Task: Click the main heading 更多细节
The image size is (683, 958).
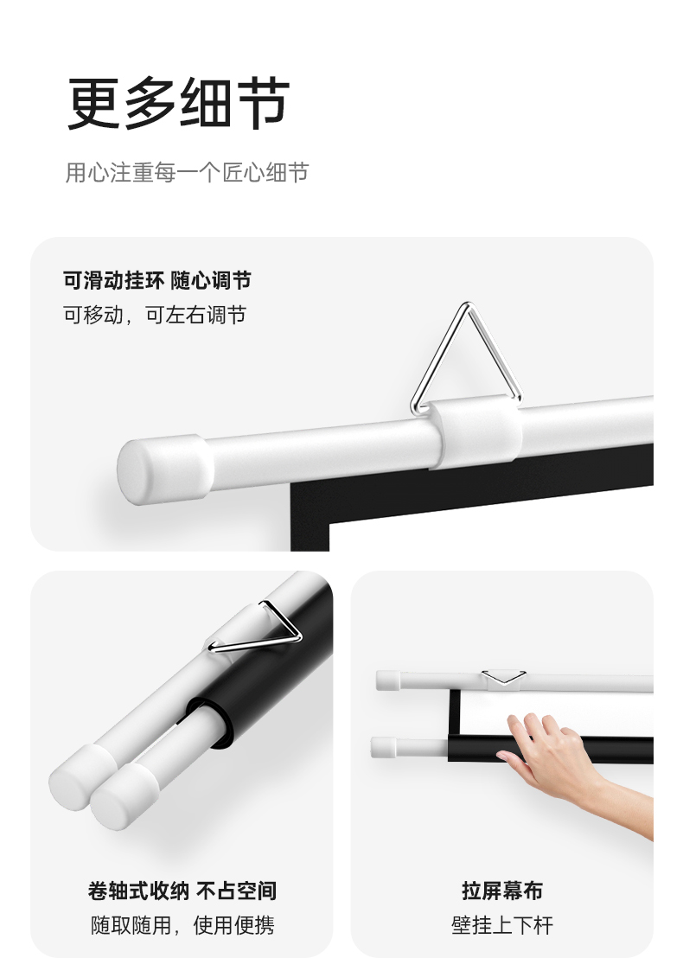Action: tap(178, 103)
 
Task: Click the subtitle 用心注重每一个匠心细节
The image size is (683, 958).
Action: tap(187, 172)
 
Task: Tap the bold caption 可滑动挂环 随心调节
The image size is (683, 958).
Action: tap(157, 280)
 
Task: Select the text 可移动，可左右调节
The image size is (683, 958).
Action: tap(155, 315)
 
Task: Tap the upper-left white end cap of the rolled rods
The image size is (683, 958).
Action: tap(79, 776)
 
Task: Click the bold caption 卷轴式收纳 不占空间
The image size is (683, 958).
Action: tap(182, 891)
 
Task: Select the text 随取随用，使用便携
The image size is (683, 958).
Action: tap(182, 925)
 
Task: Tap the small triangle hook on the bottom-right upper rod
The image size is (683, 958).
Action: tap(504, 677)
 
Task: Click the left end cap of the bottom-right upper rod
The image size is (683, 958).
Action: tap(388, 680)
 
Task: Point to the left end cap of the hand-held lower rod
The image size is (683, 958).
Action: tap(384, 747)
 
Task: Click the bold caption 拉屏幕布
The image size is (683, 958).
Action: tap(502, 891)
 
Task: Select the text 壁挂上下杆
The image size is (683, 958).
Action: tap(502, 925)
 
